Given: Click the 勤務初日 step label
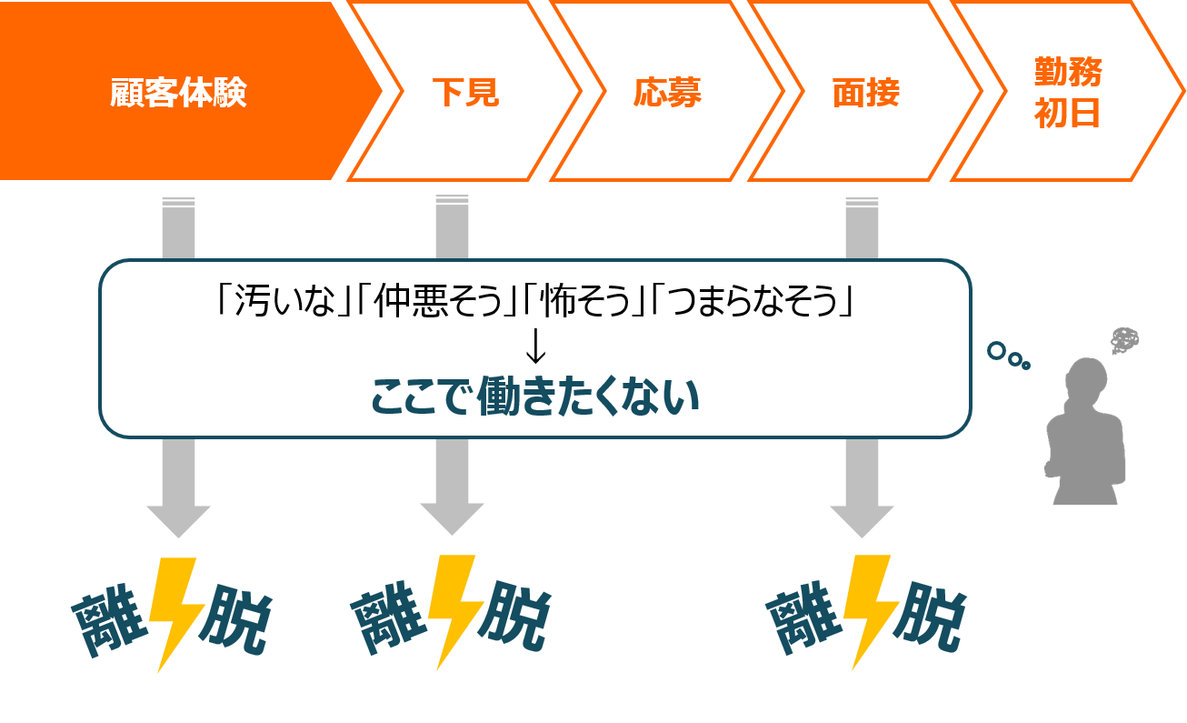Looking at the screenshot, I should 1068,93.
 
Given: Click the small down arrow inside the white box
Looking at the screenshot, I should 535,345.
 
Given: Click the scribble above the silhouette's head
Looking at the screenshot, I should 1124,341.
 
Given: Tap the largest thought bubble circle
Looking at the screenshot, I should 997,350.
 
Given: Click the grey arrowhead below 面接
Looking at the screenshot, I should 862,519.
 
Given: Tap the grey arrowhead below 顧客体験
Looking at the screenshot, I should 178,519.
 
